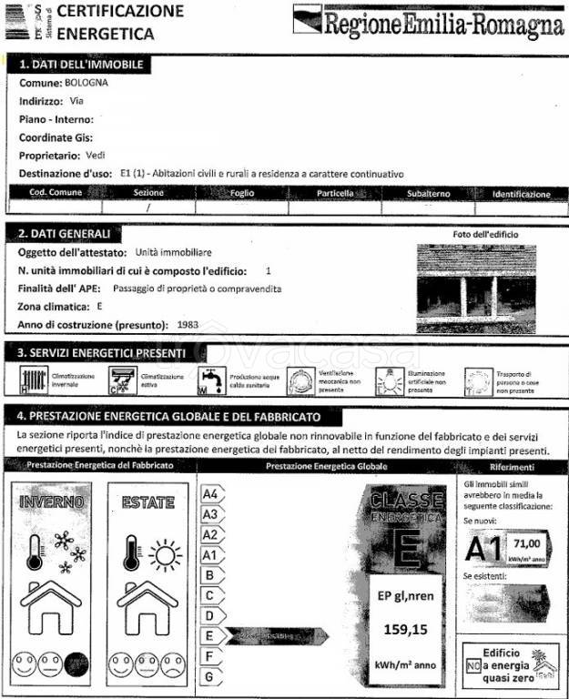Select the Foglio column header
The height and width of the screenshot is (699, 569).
point(242,194)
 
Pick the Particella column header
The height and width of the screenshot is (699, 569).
point(334,194)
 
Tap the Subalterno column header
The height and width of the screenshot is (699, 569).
point(427,194)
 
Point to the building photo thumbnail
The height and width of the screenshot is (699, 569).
point(475,289)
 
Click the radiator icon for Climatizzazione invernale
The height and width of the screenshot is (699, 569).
point(33,379)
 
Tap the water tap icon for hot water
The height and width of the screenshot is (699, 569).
point(210,379)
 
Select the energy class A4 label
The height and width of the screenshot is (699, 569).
point(211,494)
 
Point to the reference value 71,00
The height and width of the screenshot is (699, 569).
point(526,542)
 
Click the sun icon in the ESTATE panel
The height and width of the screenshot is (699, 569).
point(165,552)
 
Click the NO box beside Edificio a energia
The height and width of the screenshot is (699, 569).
point(472,666)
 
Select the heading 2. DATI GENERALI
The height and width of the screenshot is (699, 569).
point(66,233)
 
